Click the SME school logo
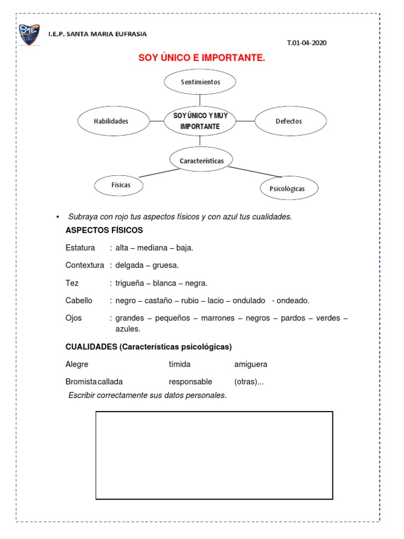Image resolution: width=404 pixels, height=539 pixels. click(29, 34)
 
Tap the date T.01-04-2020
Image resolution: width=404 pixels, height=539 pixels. click(307, 43)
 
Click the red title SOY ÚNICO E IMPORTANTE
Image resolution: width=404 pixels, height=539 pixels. click(201, 58)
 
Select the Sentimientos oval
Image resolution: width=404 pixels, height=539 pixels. click(200, 82)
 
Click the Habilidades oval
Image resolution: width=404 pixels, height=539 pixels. click(111, 121)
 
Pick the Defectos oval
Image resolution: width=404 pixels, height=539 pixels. click(289, 121)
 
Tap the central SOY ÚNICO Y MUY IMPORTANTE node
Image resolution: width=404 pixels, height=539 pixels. click(200, 121)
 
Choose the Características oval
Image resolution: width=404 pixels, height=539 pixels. click(200, 160)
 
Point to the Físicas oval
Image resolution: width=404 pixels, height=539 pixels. click(120, 185)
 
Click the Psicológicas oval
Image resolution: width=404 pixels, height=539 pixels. click(289, 188)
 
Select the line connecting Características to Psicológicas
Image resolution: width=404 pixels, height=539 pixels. click(255, 172)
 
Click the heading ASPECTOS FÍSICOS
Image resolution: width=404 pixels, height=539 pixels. click(104, 231)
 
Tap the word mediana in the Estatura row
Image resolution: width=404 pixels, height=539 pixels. click(153, 247)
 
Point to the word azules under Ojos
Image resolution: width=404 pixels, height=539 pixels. click(128, 329)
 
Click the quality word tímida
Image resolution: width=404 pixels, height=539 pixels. click(179, 364)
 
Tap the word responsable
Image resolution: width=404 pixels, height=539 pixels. click(190, 382)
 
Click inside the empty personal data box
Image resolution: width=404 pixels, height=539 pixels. click(214, 455)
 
